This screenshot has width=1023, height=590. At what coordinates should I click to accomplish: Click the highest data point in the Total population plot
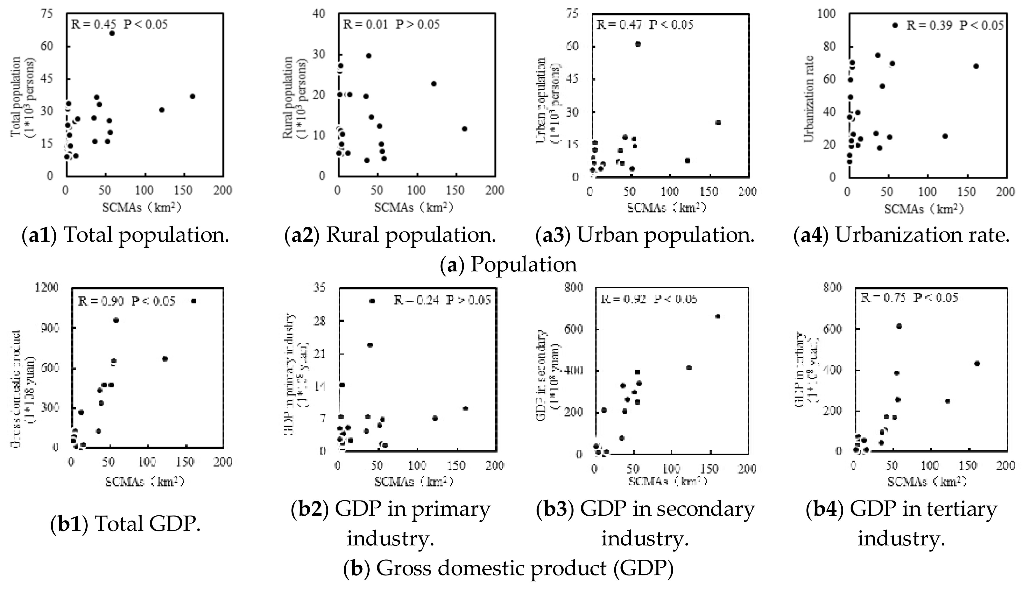112,33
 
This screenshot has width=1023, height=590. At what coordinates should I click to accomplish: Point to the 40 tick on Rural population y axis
320,14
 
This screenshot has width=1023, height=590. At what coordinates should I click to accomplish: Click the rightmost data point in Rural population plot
464,129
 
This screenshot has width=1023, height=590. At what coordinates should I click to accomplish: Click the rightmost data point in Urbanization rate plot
976,66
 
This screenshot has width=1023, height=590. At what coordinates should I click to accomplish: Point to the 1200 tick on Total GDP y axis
48,288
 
